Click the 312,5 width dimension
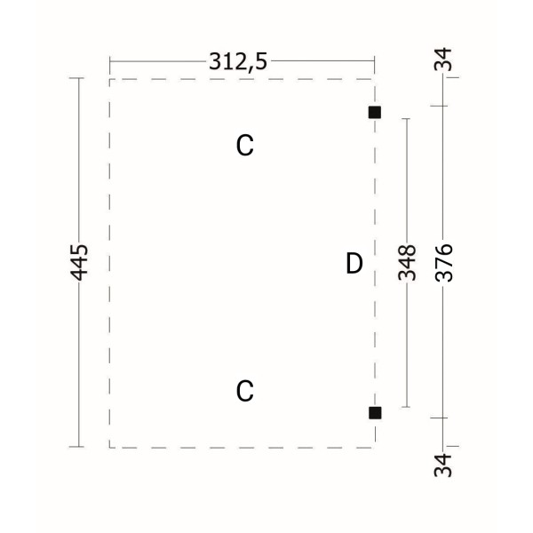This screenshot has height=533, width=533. (238, 61)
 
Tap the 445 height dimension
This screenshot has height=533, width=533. (79, 262)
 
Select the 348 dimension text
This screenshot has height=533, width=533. (407, 262)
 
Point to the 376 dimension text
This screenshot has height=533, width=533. (443, 263)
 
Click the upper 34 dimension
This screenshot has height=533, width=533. (443, 60)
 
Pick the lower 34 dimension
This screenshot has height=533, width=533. (443, 465)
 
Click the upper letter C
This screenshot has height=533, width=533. (245, 145)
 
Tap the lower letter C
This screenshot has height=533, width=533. (245, 391)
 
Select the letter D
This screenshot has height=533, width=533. (354, 263)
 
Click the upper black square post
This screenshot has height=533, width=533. (375, 112)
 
